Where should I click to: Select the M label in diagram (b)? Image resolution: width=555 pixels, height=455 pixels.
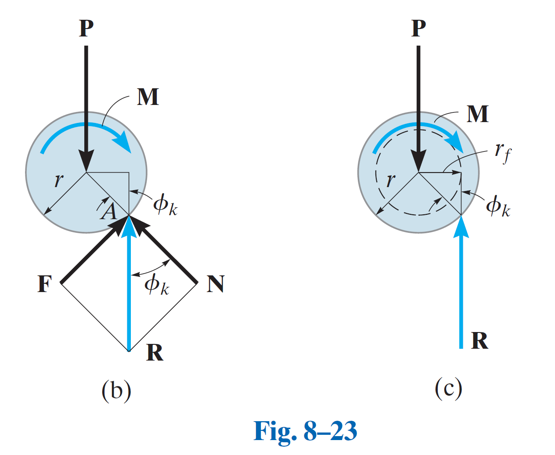coord(148,97)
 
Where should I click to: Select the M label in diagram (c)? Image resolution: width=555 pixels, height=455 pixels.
coord(477,114)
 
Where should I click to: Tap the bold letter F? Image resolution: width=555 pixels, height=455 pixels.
coord(45,284)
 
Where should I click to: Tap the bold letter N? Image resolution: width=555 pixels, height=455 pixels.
coord(216,284)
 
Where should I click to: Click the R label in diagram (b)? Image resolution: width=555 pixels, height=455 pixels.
coord(155,352)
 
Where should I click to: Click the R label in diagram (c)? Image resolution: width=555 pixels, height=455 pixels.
coord(479,341)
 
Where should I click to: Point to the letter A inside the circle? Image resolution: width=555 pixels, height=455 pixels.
coord(109,212)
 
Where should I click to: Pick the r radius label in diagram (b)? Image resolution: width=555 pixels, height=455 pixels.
coord(58,180)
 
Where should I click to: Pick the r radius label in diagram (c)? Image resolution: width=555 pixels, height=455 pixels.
coord(390,180)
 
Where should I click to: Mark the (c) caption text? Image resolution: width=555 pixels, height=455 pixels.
coord(448,388)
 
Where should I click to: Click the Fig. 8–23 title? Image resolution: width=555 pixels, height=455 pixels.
coord(305,431)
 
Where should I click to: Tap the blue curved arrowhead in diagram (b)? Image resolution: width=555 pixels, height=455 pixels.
coord(123,141)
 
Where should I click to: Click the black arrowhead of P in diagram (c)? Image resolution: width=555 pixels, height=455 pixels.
coord(418,160)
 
